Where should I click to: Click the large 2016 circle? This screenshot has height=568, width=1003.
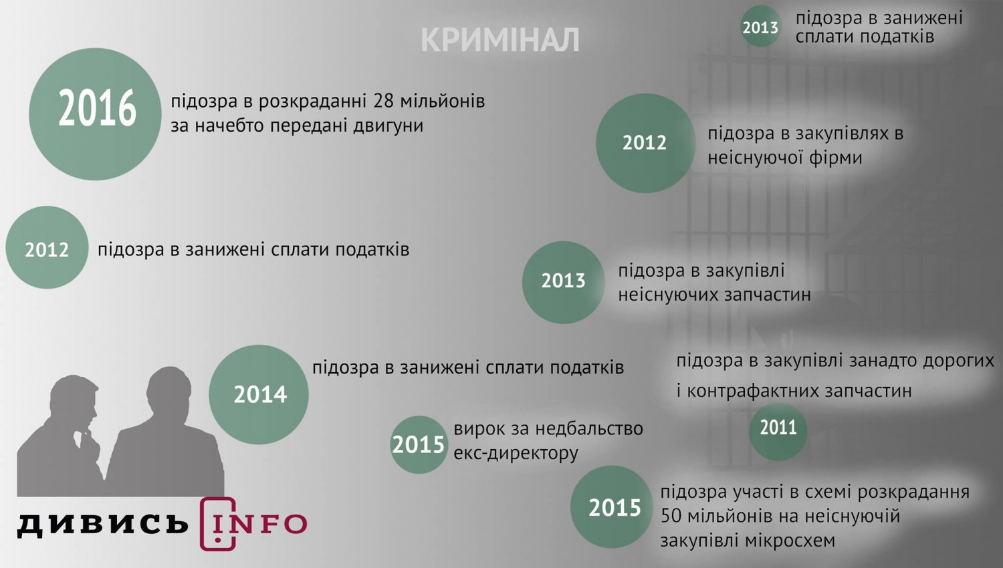point(96,114)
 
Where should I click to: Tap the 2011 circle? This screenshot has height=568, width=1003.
point(778,432)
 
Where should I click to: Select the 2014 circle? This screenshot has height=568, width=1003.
point(259,394)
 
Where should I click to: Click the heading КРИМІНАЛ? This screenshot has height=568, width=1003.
point(499,40)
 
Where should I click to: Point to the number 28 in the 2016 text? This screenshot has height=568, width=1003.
point(383,101)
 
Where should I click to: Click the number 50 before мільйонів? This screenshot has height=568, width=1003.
point(671,516)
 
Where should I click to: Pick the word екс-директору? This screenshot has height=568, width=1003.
point(516,454)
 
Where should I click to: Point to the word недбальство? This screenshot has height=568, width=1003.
point(589,429)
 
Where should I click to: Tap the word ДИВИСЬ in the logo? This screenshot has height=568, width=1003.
point(103,524)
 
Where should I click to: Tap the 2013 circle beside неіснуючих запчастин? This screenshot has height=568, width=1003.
point(563,283)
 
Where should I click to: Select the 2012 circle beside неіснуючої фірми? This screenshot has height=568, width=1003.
point(645,143)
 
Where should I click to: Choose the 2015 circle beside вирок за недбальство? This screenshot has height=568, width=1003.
point(419,444)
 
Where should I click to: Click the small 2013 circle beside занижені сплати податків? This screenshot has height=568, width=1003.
point(761,27)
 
